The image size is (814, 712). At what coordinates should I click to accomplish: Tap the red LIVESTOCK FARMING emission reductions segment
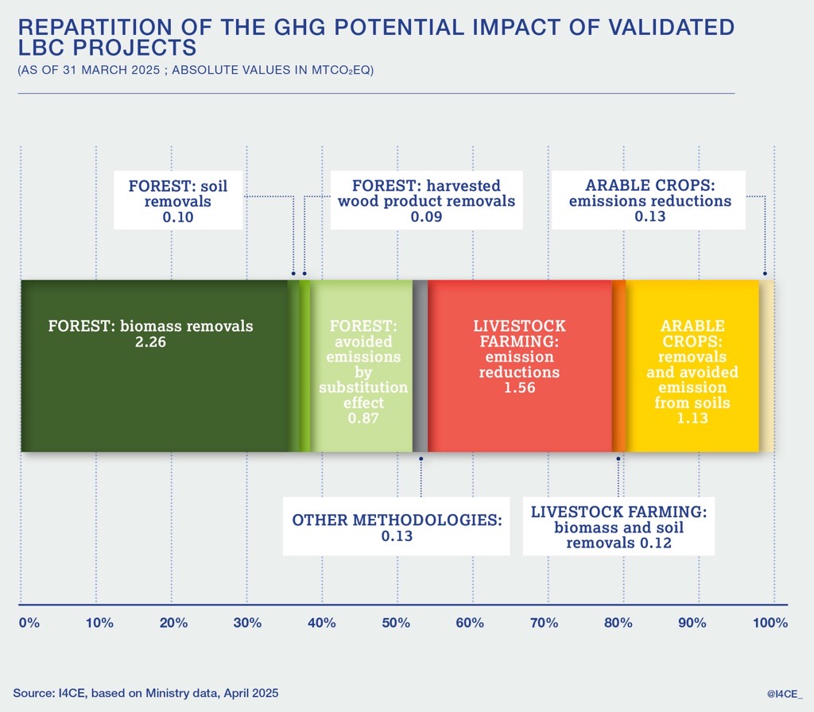520,421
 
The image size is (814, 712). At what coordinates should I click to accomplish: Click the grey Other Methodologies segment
421,366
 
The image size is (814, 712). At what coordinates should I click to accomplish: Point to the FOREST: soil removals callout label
178,201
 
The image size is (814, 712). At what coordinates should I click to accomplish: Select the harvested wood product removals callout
426,201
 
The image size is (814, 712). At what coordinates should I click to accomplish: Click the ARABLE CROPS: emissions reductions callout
650,201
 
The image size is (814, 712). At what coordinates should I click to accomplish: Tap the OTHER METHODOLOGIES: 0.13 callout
397,528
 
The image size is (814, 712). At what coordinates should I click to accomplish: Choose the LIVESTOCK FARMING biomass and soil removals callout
618,526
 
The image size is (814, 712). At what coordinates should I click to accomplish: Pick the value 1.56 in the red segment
520,388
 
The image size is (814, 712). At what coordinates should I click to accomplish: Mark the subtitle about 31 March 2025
196,70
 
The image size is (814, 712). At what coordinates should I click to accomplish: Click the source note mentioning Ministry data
146,693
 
